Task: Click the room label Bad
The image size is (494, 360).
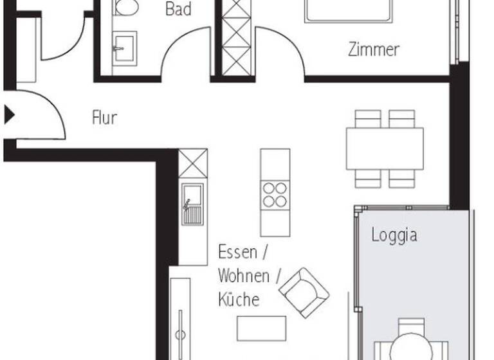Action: point(178,9)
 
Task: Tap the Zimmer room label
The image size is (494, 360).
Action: point(374,49)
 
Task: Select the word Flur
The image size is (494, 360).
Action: point(104,118)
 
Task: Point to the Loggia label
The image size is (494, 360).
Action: point(394,235)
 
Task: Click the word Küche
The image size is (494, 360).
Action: point(238,300)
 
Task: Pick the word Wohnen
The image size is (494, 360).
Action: point(244,276)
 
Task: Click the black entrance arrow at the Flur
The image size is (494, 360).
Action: point(9,115)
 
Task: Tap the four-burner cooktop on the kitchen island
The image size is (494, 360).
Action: point(275,194)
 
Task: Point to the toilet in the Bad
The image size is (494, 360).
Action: point(126,7)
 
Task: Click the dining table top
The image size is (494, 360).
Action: point(385,148)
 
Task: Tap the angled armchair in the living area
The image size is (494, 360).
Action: point(304,292)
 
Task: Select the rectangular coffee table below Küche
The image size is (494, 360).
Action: point(261,328)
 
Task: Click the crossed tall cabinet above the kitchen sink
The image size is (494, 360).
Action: point(192,163)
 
